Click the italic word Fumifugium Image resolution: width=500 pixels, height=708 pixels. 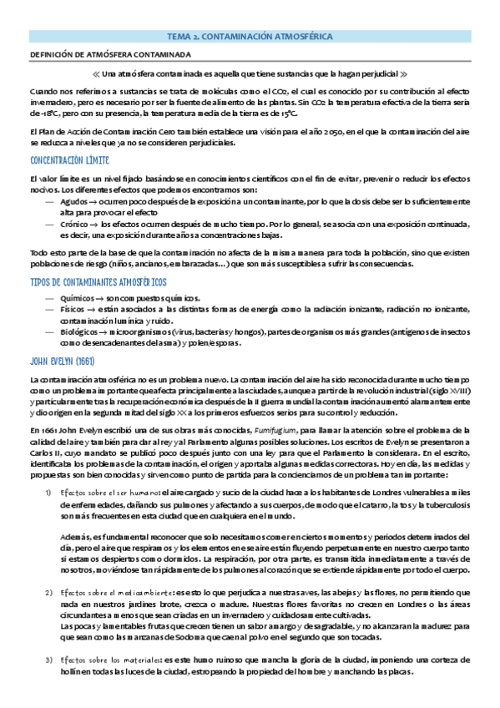285,429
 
